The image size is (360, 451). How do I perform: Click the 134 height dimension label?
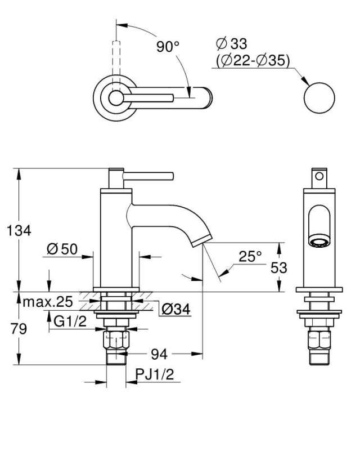[x=19, y=230]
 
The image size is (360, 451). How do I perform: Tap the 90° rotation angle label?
[x=168, y=47]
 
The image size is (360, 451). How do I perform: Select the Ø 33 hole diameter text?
[x=231, y=44]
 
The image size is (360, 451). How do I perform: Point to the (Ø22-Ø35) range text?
[x=253, y=60]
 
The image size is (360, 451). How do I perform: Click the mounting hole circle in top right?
[x=319, y=98]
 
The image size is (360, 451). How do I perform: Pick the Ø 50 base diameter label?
[x=62, y=249]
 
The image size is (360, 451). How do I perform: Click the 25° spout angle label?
[x=250, y=256]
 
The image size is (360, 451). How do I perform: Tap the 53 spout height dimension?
[x=278, y=268]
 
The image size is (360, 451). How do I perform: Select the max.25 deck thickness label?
[x=48, y=302]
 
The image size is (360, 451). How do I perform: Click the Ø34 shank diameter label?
[x=176, y=310]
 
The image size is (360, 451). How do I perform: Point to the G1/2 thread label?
[x=70, y=321]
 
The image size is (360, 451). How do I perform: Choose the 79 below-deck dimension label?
[x=19, y=329]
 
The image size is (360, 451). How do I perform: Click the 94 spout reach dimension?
[x=159, y=354]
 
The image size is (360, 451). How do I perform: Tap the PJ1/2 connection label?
[x=155, y=374]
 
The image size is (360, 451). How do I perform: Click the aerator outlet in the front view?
[x=319, y=242]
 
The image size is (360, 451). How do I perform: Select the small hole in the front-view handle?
[x=319, y=176]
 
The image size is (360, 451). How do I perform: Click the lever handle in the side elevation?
[x=148, y=176]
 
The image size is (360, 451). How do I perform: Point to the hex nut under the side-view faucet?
[x=116, y=340]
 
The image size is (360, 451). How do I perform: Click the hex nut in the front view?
[x=319, y=340]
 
